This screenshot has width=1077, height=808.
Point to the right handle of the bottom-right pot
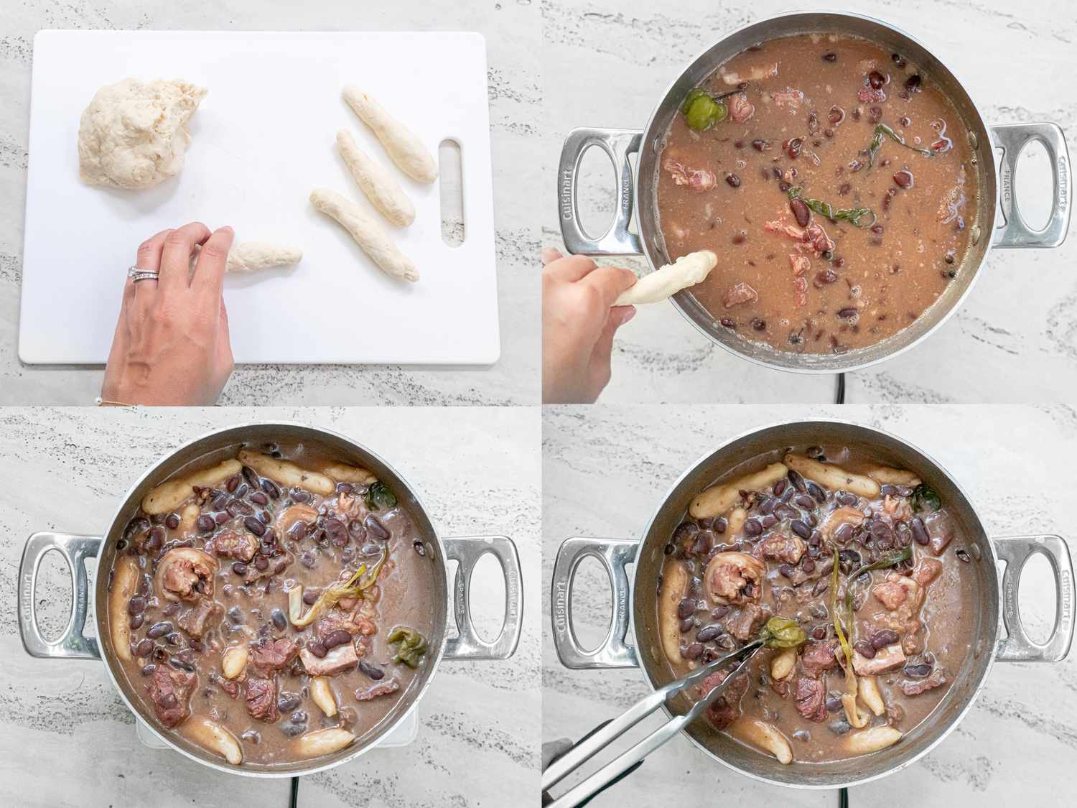[1030, 596]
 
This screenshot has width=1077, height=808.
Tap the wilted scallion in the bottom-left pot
[327, 600]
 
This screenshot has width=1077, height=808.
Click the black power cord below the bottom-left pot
[292, 790]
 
